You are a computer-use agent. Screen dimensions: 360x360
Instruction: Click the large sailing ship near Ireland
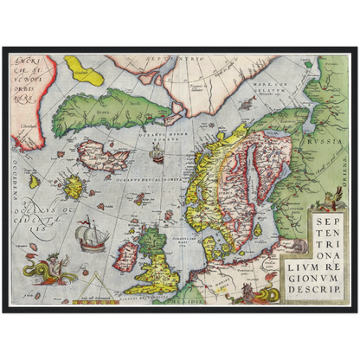coord(87,235)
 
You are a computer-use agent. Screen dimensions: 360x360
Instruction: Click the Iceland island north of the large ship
coord(102,157)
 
